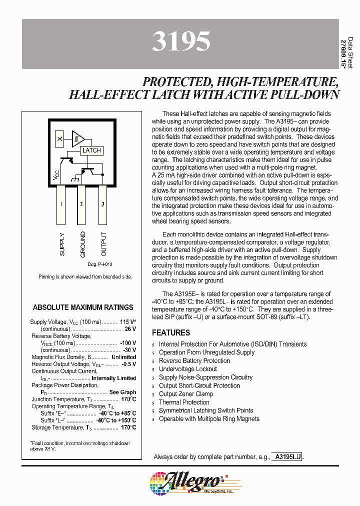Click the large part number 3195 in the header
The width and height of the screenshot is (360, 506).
pos(180,43)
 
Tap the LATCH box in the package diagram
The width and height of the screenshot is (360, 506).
pos(91,150)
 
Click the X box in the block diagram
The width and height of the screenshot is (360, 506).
pos(59,138)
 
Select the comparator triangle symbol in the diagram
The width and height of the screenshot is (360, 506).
pos(78,138)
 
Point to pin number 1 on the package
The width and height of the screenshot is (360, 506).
pos(61,204)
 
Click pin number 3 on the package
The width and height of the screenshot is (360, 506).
pos(103,204)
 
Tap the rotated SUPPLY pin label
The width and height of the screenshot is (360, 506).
pos(62,244)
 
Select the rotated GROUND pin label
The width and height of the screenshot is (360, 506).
pos(82,244)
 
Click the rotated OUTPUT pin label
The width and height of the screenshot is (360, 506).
pos(103,244)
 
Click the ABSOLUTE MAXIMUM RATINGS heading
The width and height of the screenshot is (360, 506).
pos(83,307)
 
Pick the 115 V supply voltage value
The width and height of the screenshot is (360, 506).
pos(128,322)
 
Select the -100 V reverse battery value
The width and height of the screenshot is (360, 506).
pos(127,343)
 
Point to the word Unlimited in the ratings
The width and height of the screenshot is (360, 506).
pos(123,357)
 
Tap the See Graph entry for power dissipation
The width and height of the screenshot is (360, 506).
pos(122,392)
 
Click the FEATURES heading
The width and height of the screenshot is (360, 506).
pos(171,332)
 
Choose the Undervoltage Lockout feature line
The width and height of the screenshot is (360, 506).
pos(188,369)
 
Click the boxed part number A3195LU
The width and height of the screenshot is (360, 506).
pos(286,456)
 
